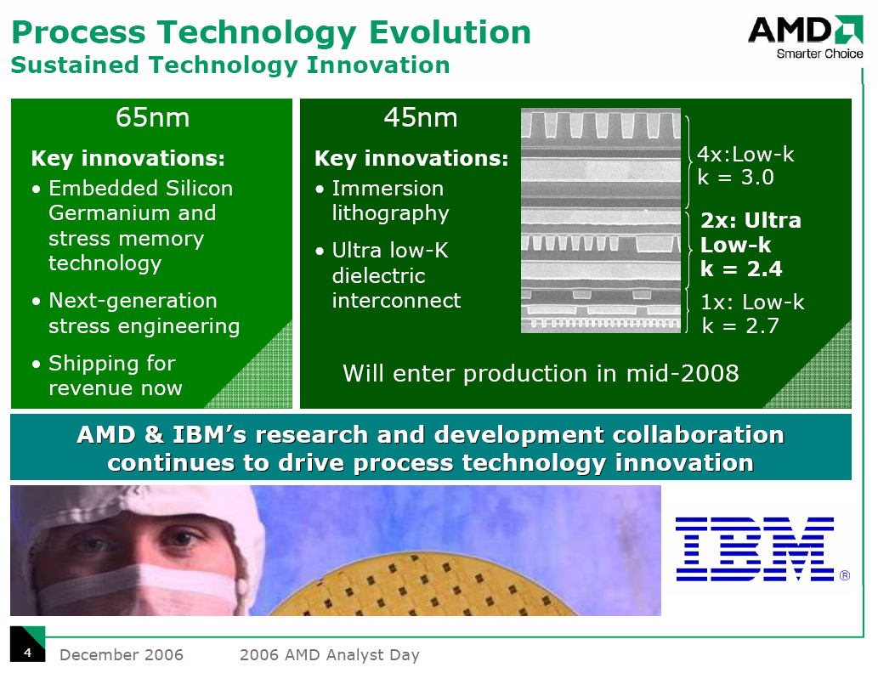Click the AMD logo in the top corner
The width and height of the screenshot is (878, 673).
[805, 31]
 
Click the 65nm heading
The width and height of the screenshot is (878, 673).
[152, 117]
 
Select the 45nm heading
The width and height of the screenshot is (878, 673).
[421, 117]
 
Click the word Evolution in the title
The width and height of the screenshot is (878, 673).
[450, 32]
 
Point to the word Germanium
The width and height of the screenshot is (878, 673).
[105, 213]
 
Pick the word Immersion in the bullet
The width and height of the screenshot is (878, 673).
[388, 189]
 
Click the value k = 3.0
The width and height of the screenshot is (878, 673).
[735, 178]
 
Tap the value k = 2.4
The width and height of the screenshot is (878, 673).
[741, 269]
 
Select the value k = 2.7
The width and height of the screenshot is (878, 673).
[740, 325]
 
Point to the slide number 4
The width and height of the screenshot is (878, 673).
[27, 653]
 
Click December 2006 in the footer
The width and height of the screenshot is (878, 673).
[121, 654]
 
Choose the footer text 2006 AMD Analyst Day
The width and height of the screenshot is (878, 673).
[329, 654]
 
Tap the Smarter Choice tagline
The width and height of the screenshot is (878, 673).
[819, 54]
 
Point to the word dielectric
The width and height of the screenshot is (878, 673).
[378, 275]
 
